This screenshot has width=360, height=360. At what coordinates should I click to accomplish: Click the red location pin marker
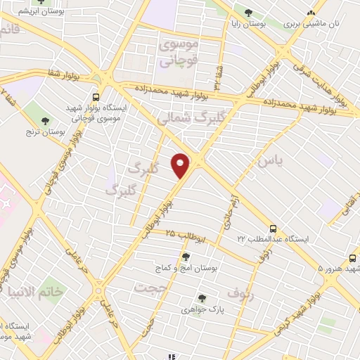pyautogui.click(x=181, y=165)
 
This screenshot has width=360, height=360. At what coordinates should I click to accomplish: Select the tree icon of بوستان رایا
pyautogui.click(x=247, y=12)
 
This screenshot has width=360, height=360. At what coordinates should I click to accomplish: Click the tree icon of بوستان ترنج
pyautogui.click(x=46, y=121)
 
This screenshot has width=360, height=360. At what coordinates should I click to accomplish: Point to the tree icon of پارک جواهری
pyautogui.click(x=202, y=298)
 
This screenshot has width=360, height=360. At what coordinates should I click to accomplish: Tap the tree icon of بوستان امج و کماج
pyautogui.click(x=186, y=257)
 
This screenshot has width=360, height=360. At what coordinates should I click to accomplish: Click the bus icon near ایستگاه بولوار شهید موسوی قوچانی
pyautogui.click(x=96, y=97)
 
